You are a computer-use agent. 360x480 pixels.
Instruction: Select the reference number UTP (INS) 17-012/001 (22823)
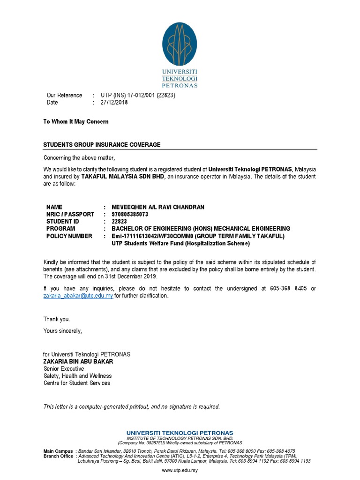pos(138,95)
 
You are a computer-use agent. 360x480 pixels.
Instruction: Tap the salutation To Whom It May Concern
pos(76,122)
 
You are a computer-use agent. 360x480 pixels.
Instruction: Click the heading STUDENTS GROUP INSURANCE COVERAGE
pos(102,145)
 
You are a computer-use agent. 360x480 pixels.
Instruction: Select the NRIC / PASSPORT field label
pos(70,214)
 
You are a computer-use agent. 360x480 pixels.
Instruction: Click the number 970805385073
pos(130,214)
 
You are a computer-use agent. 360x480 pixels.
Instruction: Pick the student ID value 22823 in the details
pos(120,222)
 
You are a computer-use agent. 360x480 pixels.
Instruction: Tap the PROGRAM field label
pos(60,229)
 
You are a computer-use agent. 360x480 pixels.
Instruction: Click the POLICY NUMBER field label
pos(69,236)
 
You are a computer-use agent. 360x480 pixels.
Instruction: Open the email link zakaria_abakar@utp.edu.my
pos(78,296)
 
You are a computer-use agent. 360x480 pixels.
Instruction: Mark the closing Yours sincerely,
pos(63,331)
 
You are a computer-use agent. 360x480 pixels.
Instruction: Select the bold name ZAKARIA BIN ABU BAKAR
pos(78,362)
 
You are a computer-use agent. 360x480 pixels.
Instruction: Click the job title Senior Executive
pos(64,369)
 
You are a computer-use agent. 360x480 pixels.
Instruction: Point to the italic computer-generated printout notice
pos(132,407)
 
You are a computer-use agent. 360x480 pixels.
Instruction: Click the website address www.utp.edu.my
pos(180,470)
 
